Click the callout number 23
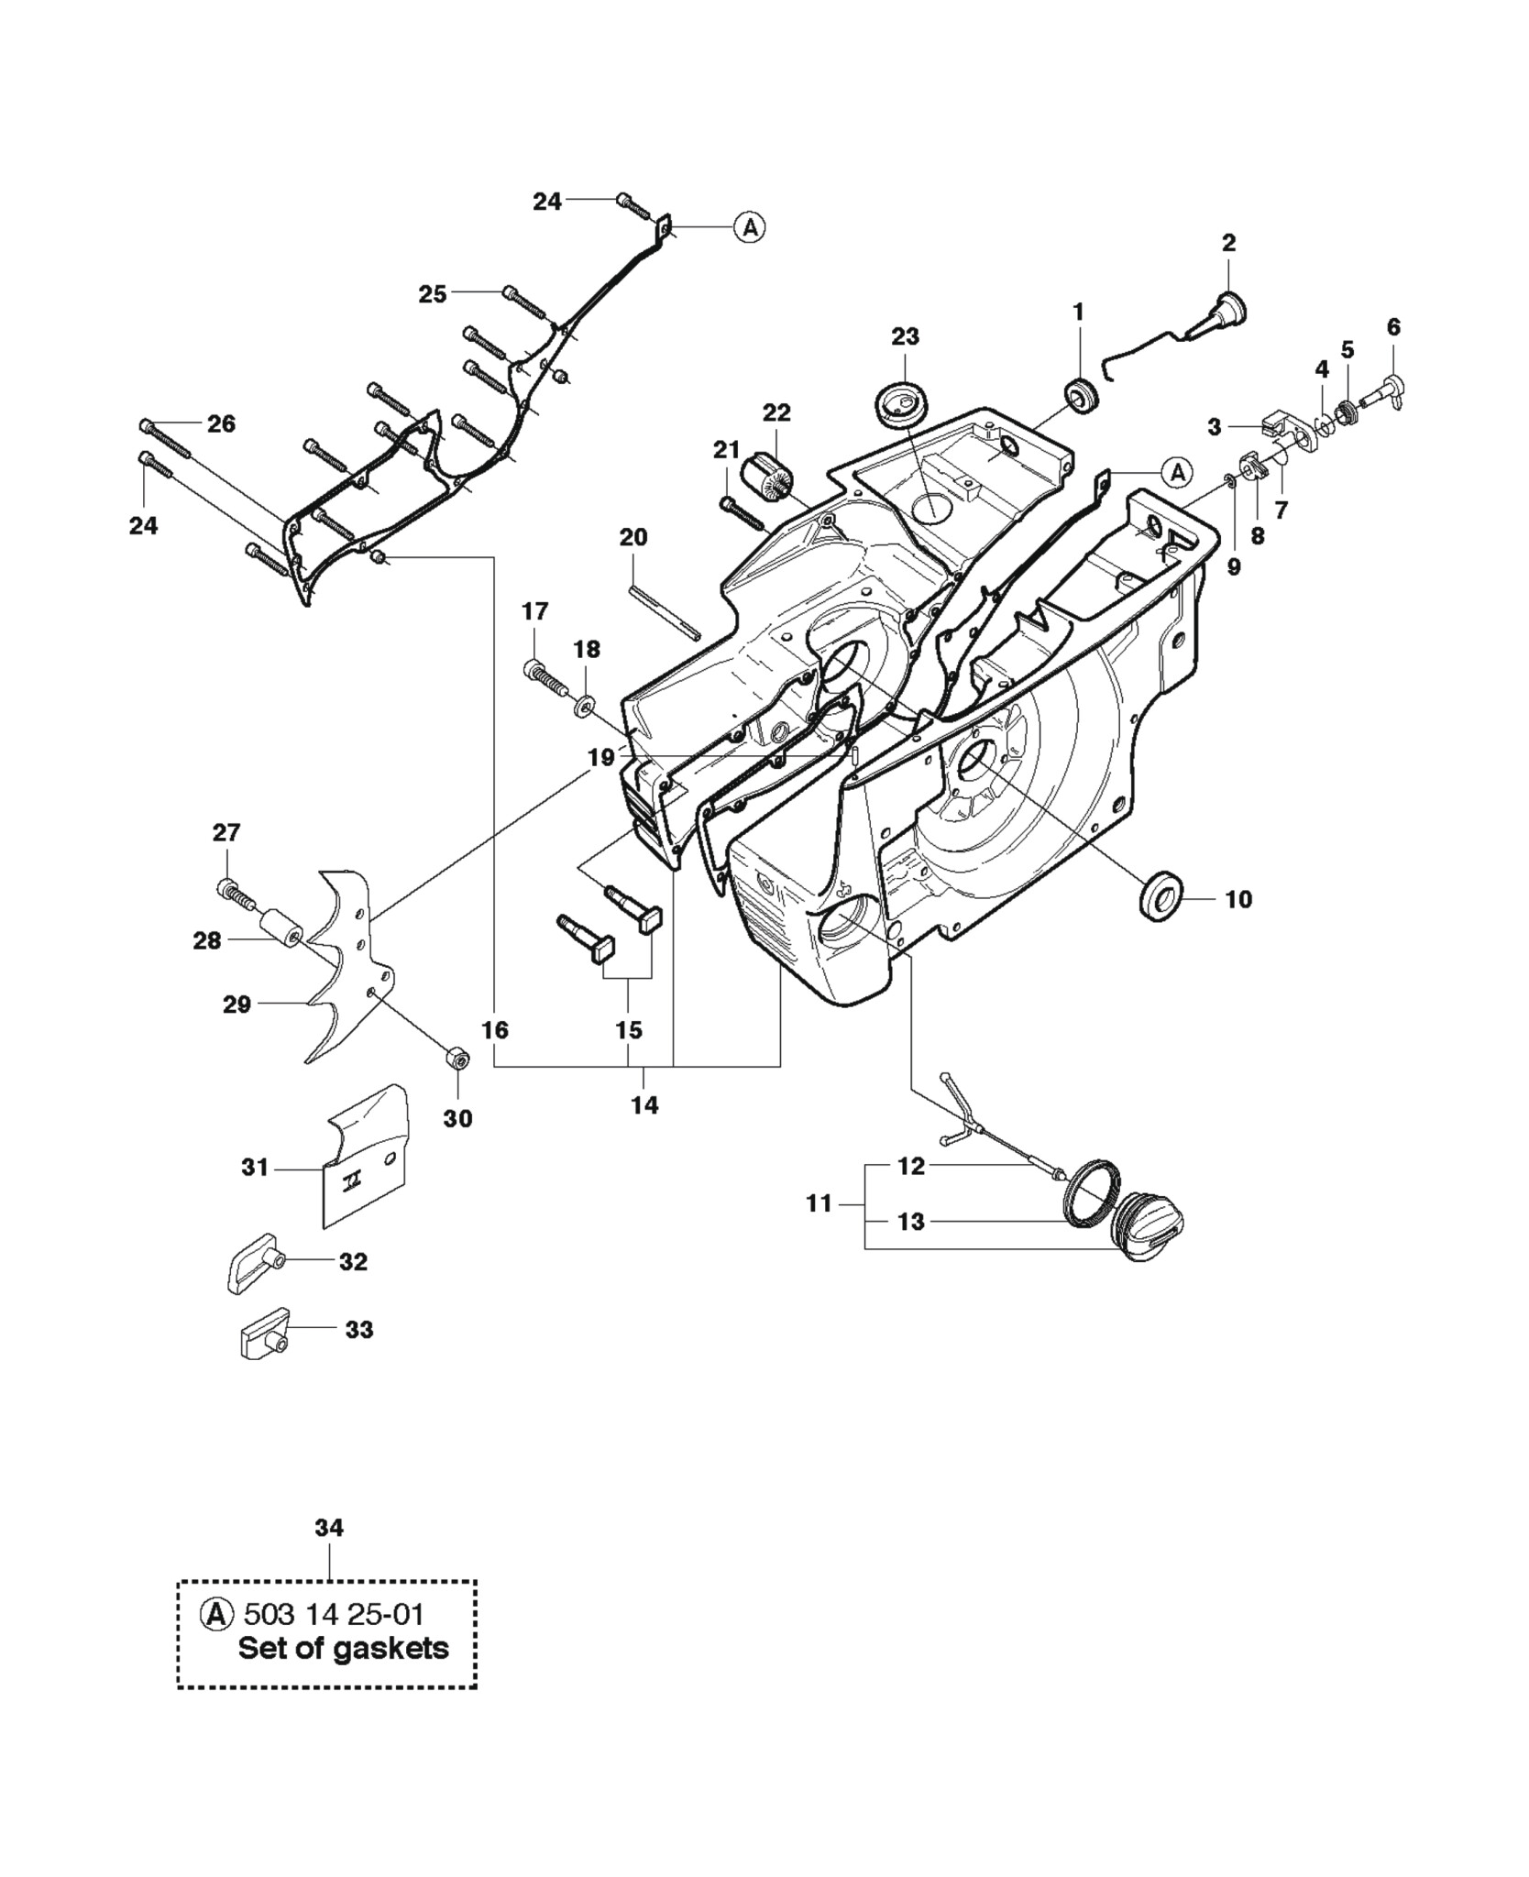(x=905, y=336)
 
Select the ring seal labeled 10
(x=1161, y=893)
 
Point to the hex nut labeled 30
(x=457, y=1059)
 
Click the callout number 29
(x=236, y=1004)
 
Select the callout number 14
(x=644, y=1104)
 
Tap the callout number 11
(x=819, y=1202)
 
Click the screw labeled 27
(x=236, y=894)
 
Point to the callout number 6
(x=1393, y=326)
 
